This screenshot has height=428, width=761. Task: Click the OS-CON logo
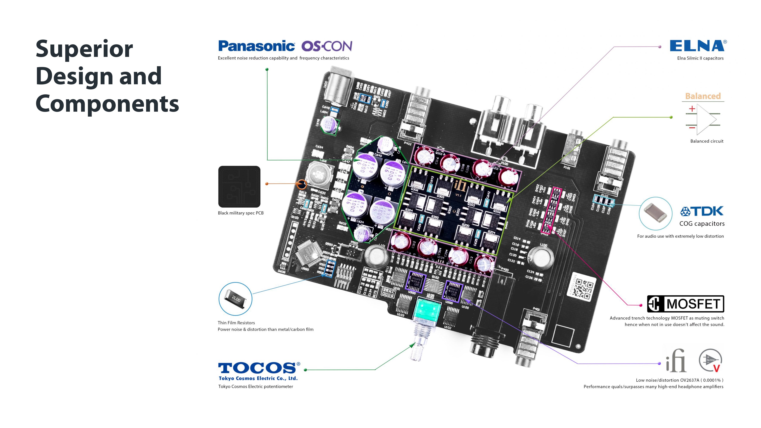[x=327, y=46]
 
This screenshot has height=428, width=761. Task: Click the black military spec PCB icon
[x=239, y=187]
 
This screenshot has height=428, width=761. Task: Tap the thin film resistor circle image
[x=236, y=299]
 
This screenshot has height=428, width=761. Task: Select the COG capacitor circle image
[x=656, y=214]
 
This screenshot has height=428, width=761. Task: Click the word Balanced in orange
[x=703, y=96]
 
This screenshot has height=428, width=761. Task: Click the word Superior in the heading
[x=84, y=49]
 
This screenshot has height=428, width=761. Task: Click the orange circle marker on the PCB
[x=301, y=184]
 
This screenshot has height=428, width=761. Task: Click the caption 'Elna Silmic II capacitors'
[x=700, y=58]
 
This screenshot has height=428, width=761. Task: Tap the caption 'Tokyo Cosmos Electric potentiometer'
[x=256, y=386]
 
